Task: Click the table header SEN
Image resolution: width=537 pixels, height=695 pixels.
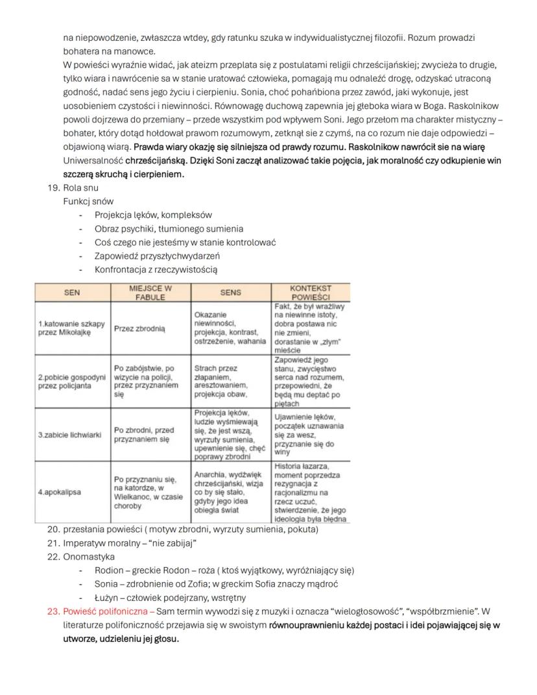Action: pos(72,292)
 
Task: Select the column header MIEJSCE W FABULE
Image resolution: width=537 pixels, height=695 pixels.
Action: pos(150,292)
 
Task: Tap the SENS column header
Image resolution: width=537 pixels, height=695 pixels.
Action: pos(230,292)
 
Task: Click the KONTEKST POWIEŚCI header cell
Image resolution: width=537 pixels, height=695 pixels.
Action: pos(311,292)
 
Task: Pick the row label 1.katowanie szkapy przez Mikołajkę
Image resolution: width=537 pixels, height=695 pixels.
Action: pos(71,328)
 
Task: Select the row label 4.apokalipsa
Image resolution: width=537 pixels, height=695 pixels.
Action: pos(59,492)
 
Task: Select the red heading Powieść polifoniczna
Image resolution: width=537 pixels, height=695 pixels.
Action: pos(107,611)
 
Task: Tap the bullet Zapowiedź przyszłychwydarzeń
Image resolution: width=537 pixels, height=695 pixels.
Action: pos(157,256)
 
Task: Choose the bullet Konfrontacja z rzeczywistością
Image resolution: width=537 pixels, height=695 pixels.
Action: pos(156,269)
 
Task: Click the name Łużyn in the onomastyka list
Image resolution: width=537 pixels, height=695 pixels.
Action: pos(108,597)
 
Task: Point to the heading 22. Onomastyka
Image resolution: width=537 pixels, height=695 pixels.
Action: pos(89,556)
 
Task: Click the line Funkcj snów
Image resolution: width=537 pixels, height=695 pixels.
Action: pos(88,202)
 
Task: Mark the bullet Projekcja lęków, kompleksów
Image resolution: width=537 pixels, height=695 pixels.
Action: pos(153,215)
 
